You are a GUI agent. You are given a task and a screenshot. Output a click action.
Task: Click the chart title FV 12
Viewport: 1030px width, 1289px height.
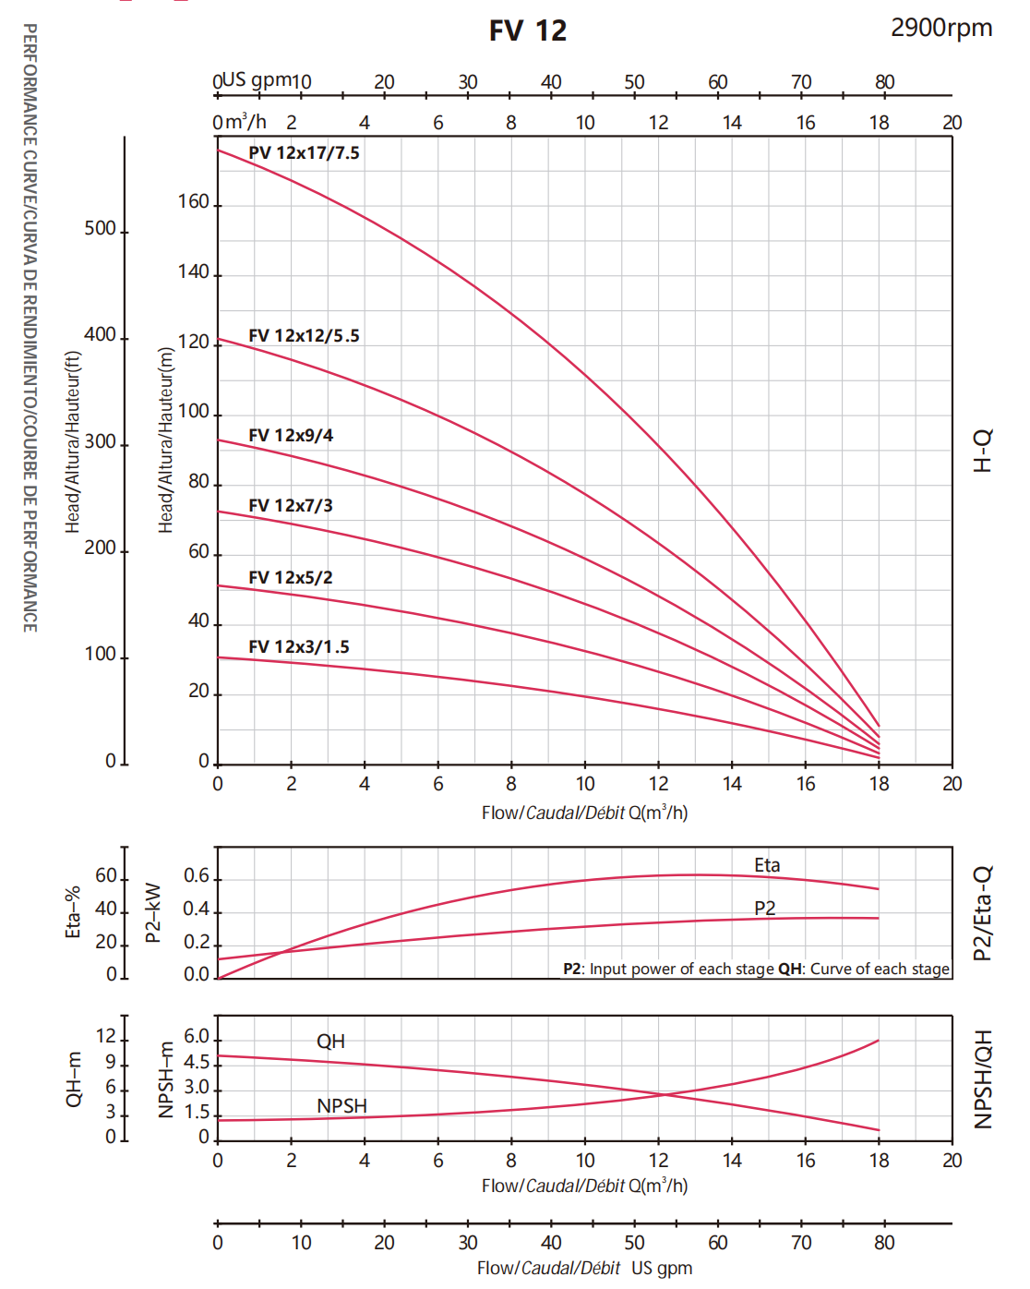point(528,30)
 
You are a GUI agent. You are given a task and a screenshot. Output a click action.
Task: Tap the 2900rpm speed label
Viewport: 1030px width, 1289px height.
point(941,28)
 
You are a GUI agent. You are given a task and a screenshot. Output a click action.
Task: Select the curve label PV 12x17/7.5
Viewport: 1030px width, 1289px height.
point(304,152)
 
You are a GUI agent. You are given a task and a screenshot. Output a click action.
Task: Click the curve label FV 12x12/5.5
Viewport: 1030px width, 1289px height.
point(304,335)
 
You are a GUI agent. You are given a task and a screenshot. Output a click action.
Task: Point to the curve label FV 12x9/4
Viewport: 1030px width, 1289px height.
point(291,435)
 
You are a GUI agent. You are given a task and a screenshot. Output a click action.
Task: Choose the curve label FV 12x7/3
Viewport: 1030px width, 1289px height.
point(291,505)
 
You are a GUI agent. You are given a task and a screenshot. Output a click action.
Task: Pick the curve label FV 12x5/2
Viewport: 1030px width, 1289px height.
point(291,577)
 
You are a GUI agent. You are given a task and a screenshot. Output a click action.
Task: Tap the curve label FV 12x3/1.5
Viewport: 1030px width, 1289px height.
point(299,646)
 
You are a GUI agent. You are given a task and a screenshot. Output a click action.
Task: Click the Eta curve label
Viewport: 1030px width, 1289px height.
point(767,865)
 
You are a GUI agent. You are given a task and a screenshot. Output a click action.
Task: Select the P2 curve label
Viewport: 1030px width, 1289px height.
point(765,908)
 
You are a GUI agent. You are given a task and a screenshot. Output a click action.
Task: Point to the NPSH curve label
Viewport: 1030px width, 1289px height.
point(341,1105)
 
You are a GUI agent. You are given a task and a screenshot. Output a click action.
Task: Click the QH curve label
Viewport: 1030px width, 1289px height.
point(330,1041)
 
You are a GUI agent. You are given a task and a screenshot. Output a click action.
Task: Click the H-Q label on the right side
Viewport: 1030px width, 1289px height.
point(983,451)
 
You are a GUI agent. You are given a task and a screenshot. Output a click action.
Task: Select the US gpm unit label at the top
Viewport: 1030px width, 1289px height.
point(257,79)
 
